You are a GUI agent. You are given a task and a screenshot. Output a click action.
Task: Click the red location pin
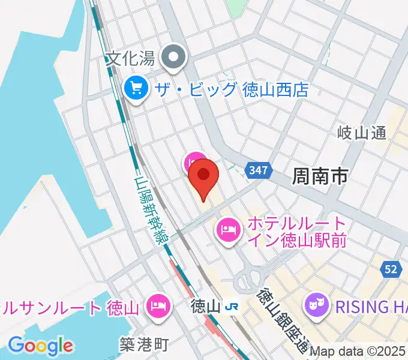[203, 176]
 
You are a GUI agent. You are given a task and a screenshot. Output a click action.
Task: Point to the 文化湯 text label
[131, 58]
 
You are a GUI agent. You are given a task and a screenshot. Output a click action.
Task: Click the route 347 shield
[258, 171]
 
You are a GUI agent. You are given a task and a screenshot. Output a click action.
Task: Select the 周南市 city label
[320, 176]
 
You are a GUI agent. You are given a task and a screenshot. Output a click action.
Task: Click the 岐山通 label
[362, 133]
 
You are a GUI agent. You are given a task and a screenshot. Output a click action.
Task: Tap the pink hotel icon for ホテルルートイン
[229, 229]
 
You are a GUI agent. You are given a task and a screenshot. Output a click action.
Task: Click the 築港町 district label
[145, 344]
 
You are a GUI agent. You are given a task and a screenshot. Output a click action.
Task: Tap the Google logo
[40, 346]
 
